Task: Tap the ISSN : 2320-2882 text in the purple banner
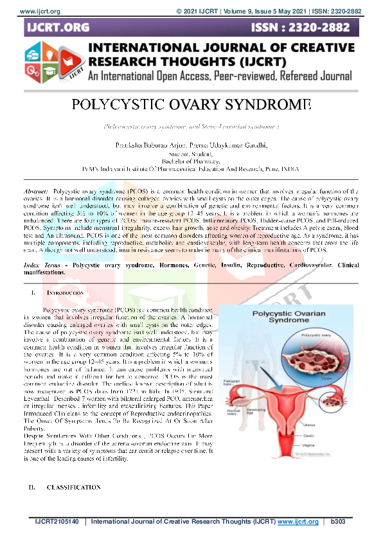[303, 28]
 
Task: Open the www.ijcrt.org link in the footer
[299, 521]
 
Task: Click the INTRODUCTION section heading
[66, 293]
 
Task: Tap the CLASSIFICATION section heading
[74, 488]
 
